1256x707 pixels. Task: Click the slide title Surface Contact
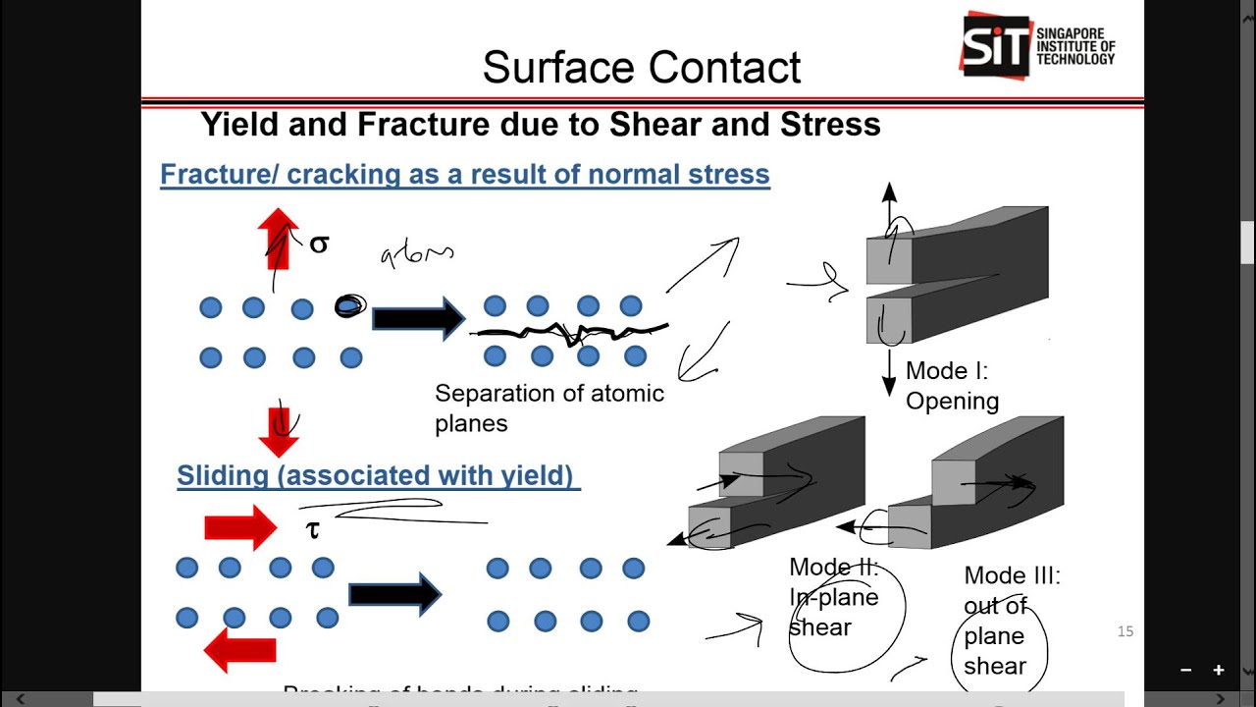pyautogui.click(x=642, y=67)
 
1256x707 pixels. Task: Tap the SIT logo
pyautogui.click(x=1037, y=45)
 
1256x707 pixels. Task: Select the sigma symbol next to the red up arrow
pyautogui.click(x=319, y=245)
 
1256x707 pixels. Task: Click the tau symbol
pyautogui.click(x=313, y=530)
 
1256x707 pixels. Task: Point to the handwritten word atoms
pyautogui.click(x=417, y=255)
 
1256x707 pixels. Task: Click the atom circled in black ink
pyautogui.click(x=350, y=307)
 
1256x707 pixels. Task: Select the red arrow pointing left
pyautogui.click(x=239, y=650)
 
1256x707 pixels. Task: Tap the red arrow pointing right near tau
pyautogui.click(x=240, y=528)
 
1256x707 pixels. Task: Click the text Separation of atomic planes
pyautogui.click(x=549, y=408)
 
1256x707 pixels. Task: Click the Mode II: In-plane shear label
pyautogui.click(x=834, y=597)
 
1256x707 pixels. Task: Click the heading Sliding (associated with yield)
pyautogui.click(x=378, y=475)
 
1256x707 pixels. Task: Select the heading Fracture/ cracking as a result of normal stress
pyautogui.click(x=464, y=175)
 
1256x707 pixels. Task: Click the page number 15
pyautogui.click(x=1125, y=631)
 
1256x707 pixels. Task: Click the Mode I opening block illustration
pyautogui.click(x=957, y=275)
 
